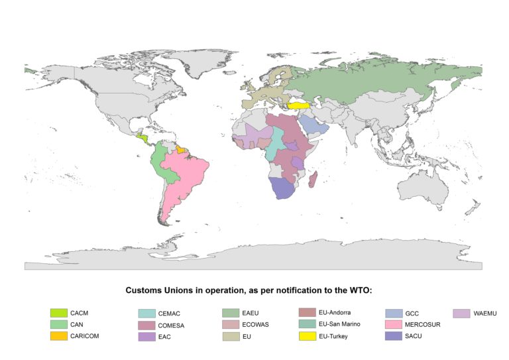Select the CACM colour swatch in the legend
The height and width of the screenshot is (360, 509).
pyautogui.click(x=59, y=312)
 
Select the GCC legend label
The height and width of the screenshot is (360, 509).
pyautogui.click(x=412, y=313)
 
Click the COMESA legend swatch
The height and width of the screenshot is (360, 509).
pyautogui.click(x=146, y=325)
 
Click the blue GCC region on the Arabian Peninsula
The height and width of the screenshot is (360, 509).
pyautogui.click(x=311, y=125)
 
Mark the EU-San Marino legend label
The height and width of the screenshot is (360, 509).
pyautogui.click(x=340, y=325)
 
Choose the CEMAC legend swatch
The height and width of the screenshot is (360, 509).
pyautogui.click(x=146, y=313)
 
